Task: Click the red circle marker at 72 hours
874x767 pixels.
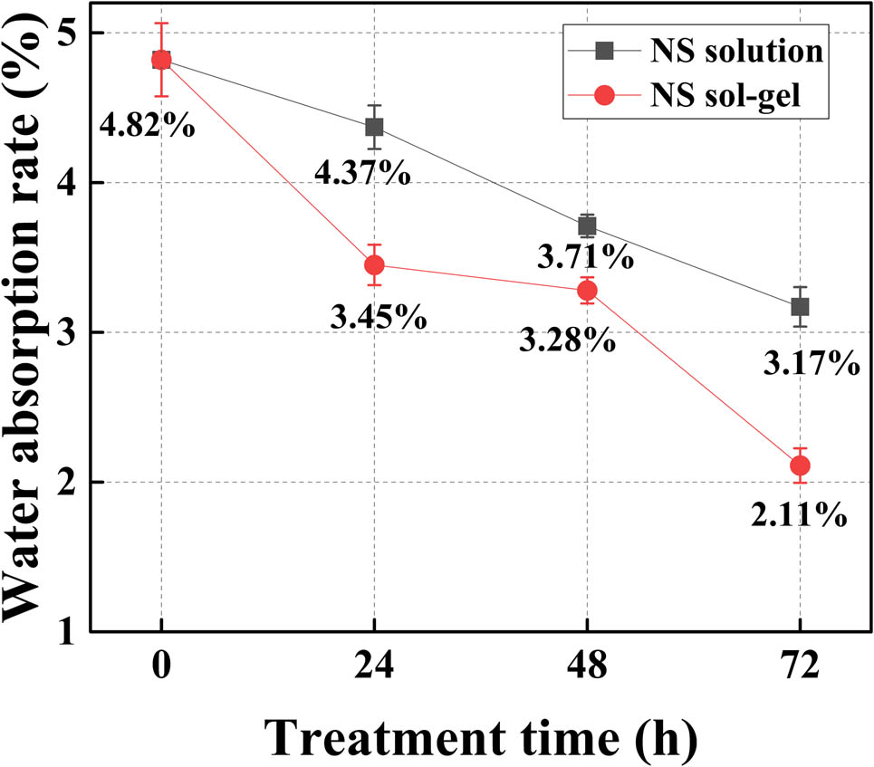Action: click(x=800, y=465)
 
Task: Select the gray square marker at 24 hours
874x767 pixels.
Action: click(x=374, y=127)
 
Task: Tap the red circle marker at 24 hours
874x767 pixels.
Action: click(x=374, y=264)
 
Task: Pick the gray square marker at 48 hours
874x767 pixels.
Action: click(x=587, y=225)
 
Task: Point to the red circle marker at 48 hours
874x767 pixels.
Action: click(x=587, y=291)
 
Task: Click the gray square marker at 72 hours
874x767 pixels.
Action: click(x=800, y=307)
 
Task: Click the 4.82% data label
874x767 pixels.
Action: click(x=148, y=124)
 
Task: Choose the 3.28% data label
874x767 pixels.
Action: click(x=569, y=342)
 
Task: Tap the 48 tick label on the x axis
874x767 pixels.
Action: click(x=587, y=668)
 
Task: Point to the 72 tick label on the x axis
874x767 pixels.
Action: click(x=800, y=668)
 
